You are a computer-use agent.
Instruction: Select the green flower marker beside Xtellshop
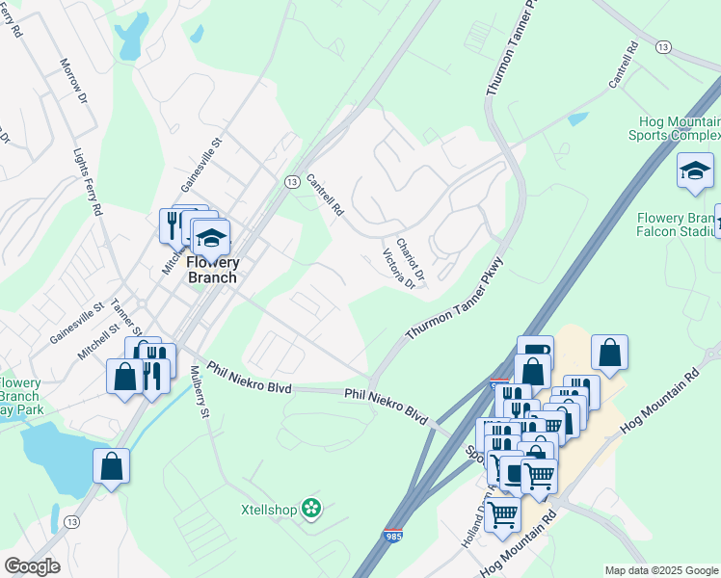(310, 507)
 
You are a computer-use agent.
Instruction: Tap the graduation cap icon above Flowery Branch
(211, 237)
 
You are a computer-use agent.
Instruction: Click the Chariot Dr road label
(411, 255)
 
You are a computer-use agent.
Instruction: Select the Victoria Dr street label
(398, 269)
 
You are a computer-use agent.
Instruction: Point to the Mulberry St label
(200, 391)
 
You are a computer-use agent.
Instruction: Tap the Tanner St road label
(125, 314)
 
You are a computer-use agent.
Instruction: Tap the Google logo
(32, 566)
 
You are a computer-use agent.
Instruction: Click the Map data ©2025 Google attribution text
(660, 570)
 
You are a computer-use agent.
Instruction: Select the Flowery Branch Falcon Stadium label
(679, 223)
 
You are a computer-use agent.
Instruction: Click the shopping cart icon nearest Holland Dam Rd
(501, 515)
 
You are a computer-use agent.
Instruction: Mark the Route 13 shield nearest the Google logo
(71, 521)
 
